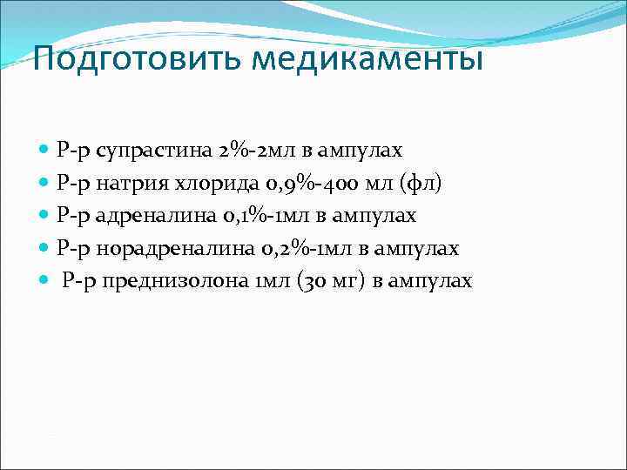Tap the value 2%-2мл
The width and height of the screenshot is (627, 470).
pos(228,151)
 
